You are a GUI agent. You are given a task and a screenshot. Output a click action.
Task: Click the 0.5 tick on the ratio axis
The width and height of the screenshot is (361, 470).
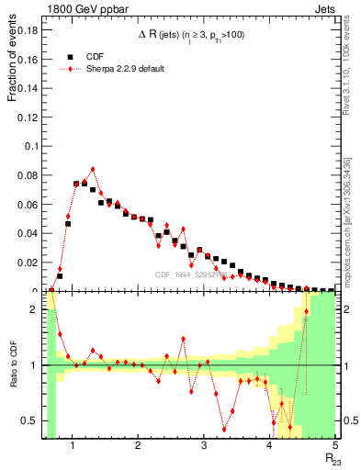coord(28,420)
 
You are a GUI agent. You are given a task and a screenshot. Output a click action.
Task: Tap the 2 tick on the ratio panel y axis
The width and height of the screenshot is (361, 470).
coord(33,309)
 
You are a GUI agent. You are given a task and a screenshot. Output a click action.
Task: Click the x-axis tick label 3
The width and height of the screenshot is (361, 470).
coord(203,447)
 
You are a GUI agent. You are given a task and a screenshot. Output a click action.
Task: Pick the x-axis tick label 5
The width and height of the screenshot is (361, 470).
coord(335,447)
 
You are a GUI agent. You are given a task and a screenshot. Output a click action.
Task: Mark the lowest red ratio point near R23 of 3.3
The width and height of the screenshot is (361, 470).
coord(224,429)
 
